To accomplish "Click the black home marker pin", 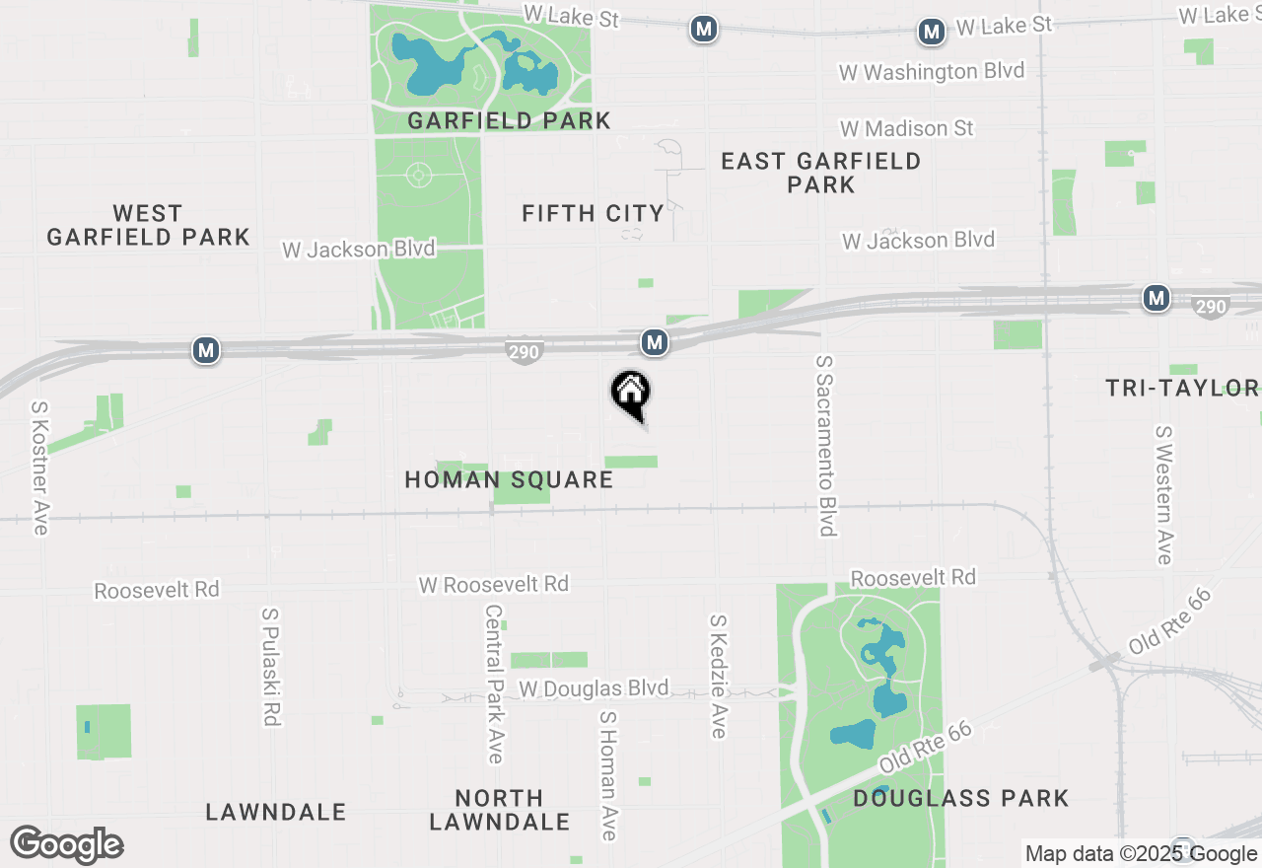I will pyautogui.click(x=631, y=394).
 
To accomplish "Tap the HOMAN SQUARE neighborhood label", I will pyautogui.click(x=509, y=480).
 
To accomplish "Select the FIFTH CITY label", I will pyautogui.click(x=593, y=213).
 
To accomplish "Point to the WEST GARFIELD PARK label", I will pyautogui.click(x=148, y=226).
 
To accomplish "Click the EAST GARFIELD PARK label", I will pyautogui.click(x=821, y=173).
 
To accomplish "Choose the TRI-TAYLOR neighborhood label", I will pyautogui.click(x=1182, y=388).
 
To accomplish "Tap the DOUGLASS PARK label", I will pyautogui.click(x=961, y=798).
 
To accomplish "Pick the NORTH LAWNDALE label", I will pyautogui.click(x=500, y=809).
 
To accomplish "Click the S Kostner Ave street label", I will pyautogui.click(x=39, y=468).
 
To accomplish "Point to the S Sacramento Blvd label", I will pyautogui.click(x=826, y=446).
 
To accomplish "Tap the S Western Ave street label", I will pyautogui.click(x=1164, y=495).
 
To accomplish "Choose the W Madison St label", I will pyautogui.click(x=906, y=128).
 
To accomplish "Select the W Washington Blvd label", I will pyautogui.click(x=931, y=71).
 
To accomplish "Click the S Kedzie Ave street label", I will pyautogui.click(x=719, y=676).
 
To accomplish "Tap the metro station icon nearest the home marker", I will pyautogui.click(x=655, y=342).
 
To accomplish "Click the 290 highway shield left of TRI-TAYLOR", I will pyautogui.click(x=1210, y=307).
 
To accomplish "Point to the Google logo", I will pyautogui.click(x=66, y=844).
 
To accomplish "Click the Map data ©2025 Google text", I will pyautogui.click(x=1141, y=854).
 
